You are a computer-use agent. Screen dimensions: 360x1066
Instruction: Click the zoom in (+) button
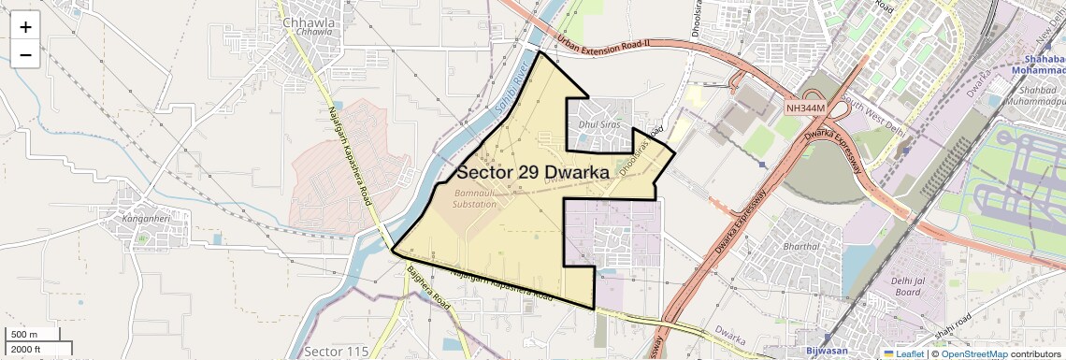(x=25, y=27)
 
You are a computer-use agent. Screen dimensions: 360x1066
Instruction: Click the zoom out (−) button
(x=25, y=55)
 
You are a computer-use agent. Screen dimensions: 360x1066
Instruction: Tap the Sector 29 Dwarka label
(x=533, y=173)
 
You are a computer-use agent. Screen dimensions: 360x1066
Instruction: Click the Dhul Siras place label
(x=598, y=122)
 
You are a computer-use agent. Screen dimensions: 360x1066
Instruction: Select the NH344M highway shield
(x=805, y=108)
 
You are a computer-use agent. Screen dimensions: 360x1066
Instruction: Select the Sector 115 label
(x=331, y=351)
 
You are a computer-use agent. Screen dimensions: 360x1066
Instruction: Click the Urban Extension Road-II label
(x=602, y=43)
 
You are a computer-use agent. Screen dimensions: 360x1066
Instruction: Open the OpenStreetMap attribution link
(x=973, y=353)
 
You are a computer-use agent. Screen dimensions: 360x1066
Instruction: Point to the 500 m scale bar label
(x=24, y=335)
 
